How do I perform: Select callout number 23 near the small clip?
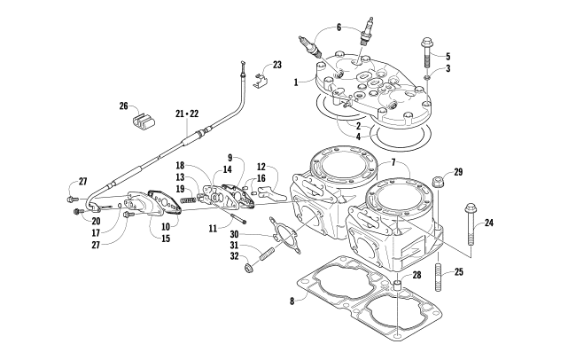[276, 66]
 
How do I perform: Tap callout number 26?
[124, 107]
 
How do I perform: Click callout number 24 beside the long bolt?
[487, 223]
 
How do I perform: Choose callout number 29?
[458, 171]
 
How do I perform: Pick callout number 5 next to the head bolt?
[448, 55]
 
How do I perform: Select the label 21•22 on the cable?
[187, 114]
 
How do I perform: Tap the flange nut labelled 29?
[439, 185]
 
